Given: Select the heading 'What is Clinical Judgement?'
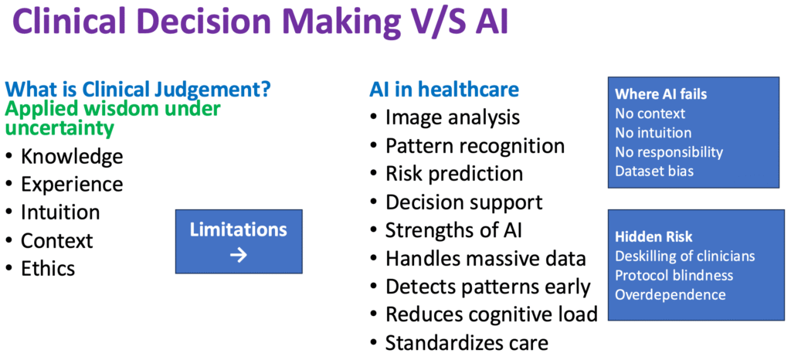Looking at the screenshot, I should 137,90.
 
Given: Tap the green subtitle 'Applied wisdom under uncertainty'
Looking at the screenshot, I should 113,117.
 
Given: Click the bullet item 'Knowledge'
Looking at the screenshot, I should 72,156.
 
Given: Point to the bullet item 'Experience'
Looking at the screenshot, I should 72,184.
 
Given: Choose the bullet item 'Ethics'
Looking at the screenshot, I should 48,268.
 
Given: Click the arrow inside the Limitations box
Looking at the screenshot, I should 239,254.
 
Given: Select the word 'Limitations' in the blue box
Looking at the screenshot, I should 239,229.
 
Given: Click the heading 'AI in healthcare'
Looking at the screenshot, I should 444,90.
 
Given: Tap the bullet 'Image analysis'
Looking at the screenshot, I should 452,117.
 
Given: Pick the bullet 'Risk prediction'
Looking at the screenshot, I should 454,174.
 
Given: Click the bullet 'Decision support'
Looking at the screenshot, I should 464,202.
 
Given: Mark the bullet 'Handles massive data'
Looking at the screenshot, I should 486,258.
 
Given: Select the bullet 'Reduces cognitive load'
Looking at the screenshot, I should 491,314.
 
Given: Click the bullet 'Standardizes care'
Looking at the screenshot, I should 467,342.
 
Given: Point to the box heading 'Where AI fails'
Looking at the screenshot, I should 660,94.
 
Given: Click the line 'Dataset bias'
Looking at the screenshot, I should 654,171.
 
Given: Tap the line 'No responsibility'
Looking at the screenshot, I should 668,152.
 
